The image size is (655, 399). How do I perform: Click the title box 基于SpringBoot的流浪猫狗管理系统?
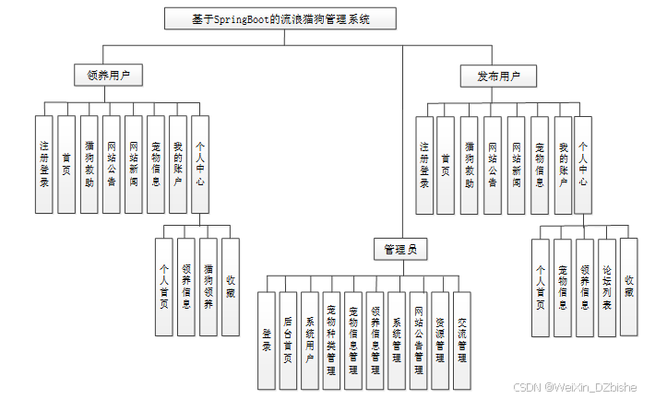[280, 18]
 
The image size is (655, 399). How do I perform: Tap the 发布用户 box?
[498, 76]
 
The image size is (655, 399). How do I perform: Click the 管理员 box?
[400, 249]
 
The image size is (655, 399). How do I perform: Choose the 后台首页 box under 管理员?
[288, 339]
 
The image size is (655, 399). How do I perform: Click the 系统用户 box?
[310, 339]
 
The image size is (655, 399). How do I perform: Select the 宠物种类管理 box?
[331, 339]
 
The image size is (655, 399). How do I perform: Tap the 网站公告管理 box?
[419, 339]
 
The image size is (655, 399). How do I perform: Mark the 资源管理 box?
[440, 339]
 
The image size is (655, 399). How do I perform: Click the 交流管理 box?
[462, 339]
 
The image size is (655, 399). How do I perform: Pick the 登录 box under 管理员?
[266, 339]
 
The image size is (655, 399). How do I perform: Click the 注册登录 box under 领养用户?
[43, 165]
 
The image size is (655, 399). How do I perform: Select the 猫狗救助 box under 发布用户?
[470, 165]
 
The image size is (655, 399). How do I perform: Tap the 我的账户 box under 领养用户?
[178, 165]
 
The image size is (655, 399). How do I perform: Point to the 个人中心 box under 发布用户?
[583, 165]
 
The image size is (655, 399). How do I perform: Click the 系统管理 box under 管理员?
[397, 339]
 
